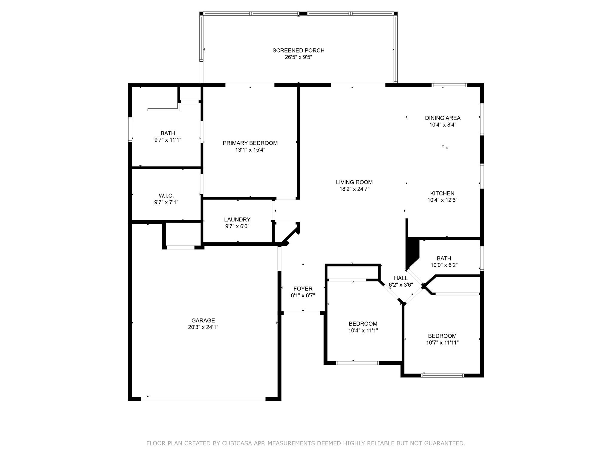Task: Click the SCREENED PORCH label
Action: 298,51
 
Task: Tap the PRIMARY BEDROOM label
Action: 250,143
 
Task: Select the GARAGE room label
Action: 203,321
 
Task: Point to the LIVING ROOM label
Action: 354,182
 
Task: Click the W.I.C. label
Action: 166,196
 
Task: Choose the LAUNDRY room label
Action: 237,220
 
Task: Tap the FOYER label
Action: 303,289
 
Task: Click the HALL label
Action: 401,278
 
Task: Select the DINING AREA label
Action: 443,118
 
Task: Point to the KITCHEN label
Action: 442,193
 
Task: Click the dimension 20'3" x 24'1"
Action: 203,327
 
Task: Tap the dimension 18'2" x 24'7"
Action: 354,189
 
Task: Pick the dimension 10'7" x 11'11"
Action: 442,343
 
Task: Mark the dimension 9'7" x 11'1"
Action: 168,140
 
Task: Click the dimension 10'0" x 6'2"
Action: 444,265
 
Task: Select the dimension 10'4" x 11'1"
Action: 363,331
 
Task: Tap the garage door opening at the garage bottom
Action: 203,399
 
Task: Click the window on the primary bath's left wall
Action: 130,129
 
